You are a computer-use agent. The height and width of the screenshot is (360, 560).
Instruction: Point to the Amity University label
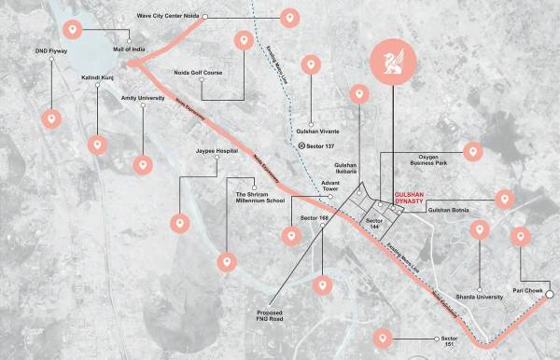[x=143, y=97]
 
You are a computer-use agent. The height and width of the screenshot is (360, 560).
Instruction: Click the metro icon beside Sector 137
[x=301, y=146]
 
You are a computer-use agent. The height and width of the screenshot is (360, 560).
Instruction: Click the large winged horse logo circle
[x=392, y=63]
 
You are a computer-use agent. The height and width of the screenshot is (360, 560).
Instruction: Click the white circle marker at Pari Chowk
[x=551, y=294]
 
